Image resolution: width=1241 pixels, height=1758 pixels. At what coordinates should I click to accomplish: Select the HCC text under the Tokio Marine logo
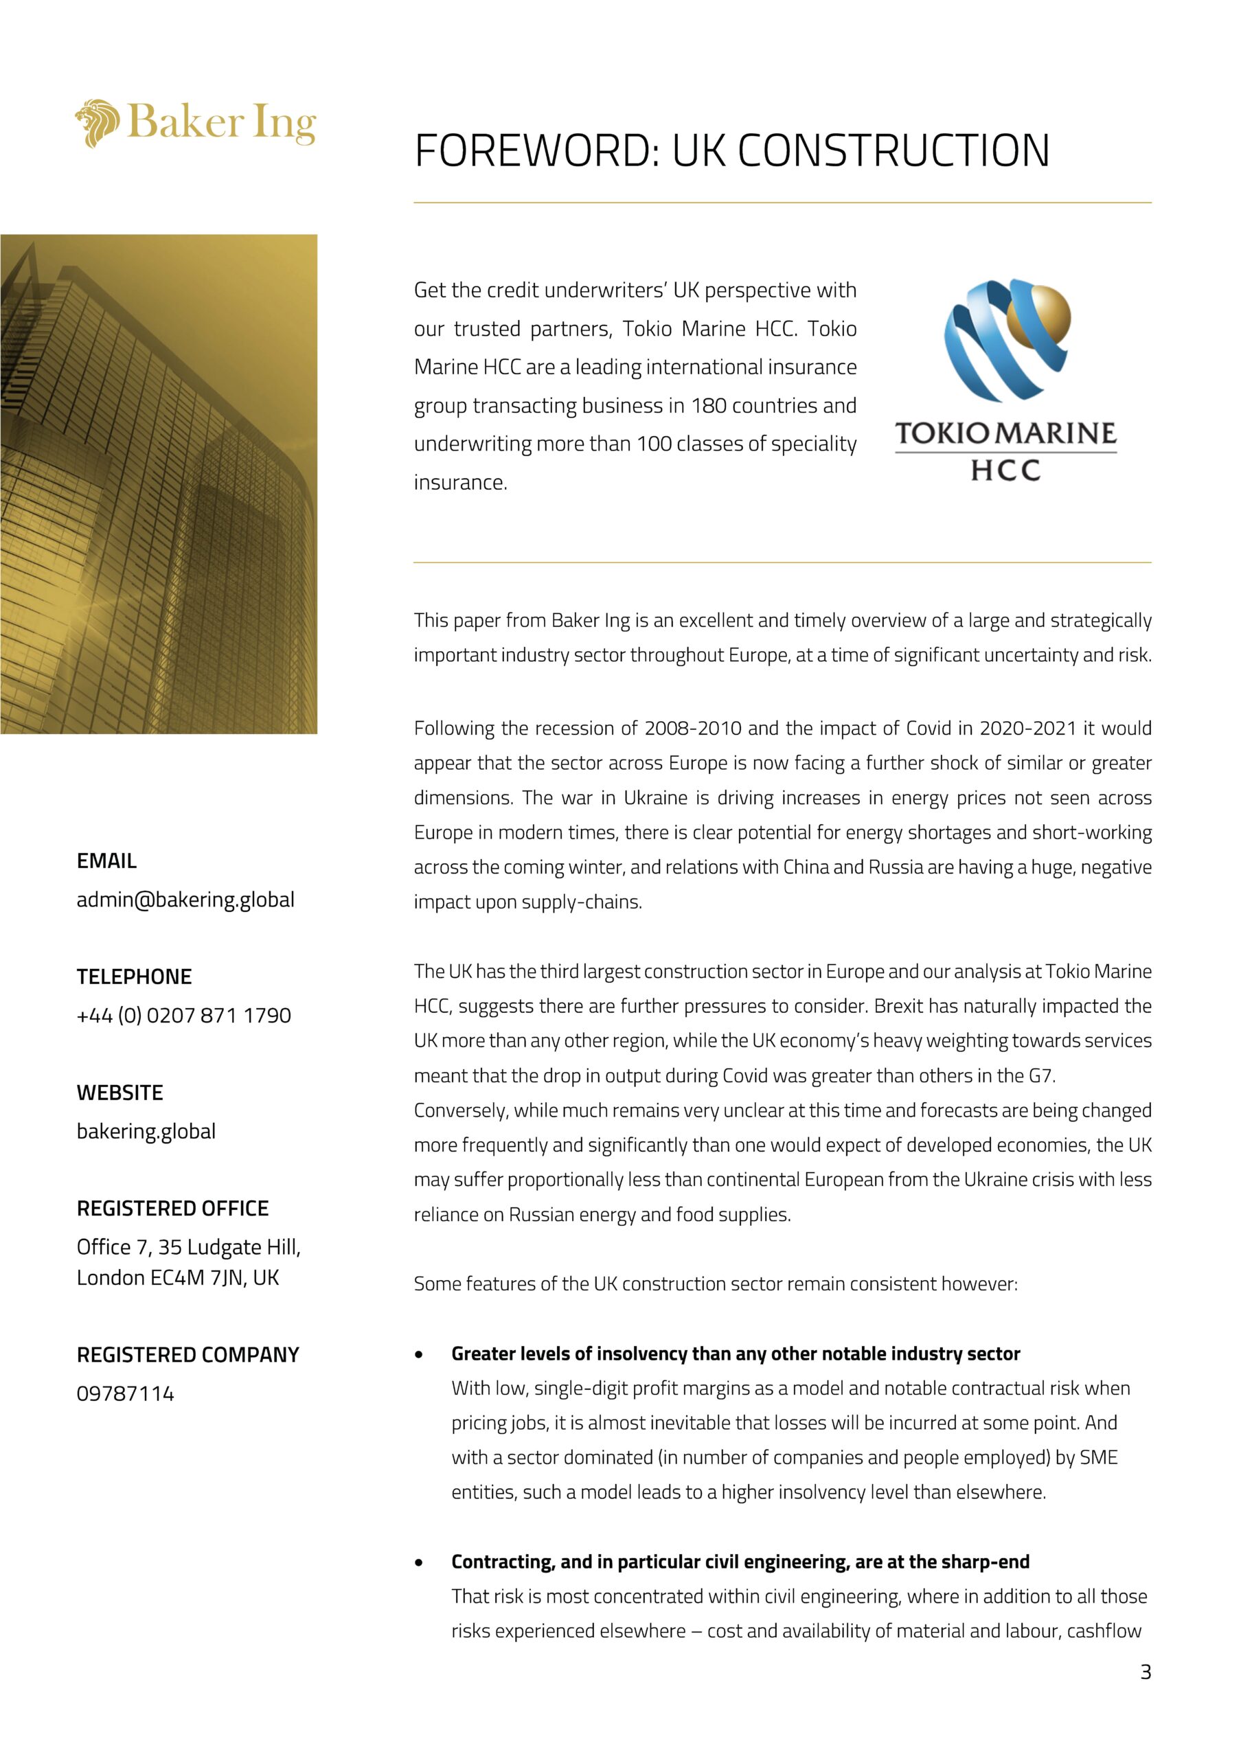1005,470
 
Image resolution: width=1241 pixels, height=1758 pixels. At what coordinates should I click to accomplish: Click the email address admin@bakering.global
185,900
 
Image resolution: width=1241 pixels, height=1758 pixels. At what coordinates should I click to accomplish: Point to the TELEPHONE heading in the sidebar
134,977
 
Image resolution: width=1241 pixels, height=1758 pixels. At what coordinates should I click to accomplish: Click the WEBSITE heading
119,1093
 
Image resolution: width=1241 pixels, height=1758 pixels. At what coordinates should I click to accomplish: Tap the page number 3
1146,1671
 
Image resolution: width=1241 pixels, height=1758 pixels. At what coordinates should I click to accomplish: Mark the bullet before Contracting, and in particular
419,1563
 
